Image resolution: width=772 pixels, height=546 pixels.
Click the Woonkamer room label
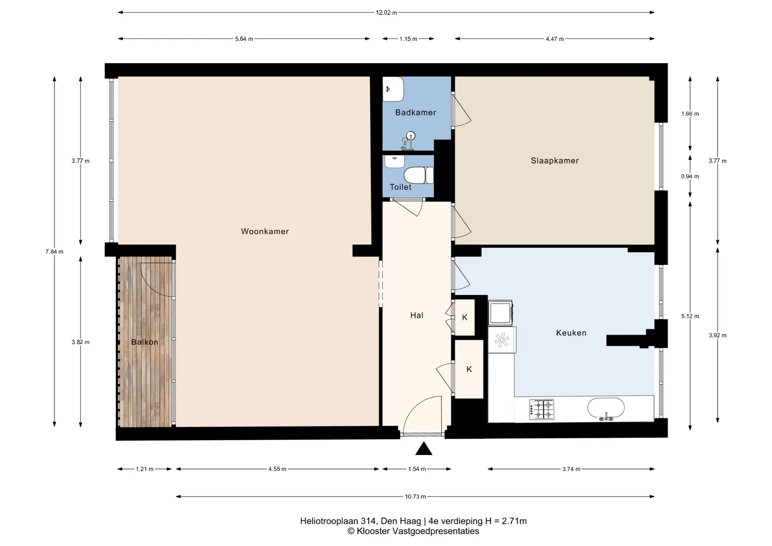[x=265, y=231]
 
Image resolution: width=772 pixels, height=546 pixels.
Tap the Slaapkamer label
[x=554, y=161]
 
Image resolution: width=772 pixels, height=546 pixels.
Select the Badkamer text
[x=415, y=113]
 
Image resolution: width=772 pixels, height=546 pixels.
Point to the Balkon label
[x=145, y=342]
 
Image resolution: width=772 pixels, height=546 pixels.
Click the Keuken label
[x=571, y=333]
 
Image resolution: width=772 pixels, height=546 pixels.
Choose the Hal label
[x=417, y=316]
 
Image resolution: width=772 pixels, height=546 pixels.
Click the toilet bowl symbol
[x=419, y=175]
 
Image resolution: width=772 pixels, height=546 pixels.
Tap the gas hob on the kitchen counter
[x=542, y=409]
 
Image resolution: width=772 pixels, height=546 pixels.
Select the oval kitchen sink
[x=606, y=408]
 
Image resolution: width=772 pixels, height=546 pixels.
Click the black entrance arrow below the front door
[x=423, y=449]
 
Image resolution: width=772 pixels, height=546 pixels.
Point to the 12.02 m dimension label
[x=386, y=12]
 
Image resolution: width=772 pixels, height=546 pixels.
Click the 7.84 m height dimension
[x=54, y=252]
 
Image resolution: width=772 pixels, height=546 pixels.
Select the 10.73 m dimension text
[x=415, y=497]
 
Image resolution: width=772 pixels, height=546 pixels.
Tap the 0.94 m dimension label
[x=690, y=177]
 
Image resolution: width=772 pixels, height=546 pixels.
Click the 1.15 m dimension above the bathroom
[x=408, y=39]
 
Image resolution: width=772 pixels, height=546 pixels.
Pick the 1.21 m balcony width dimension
[x=145, y=469]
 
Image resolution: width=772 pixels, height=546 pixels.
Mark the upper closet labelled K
[x=465, y=318]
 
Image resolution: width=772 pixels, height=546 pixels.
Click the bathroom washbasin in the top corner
[x=393, y=89]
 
